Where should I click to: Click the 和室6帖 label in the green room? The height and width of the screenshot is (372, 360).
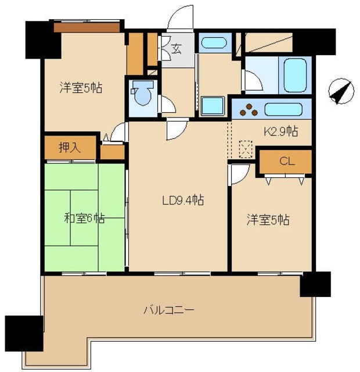[x=84, y=219]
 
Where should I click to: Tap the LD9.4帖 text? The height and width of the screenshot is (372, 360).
[x=182, y=201]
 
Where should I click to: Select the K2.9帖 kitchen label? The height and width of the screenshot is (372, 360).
[x=281, y=132]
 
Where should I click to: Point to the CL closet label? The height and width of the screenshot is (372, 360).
[x=287, y=162]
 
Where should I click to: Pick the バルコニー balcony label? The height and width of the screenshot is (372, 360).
[x=169, y=309]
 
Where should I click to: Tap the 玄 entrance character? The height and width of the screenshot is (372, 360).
[x=176, y=49]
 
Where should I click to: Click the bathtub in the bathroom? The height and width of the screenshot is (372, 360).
[x=294, y=74]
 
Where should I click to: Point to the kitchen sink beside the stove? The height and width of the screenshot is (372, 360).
[x=283, y=109]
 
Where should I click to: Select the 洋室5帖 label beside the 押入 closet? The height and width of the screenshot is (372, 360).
[x=81, y=88]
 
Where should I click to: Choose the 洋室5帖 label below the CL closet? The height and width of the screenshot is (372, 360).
[x=268, y=220]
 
